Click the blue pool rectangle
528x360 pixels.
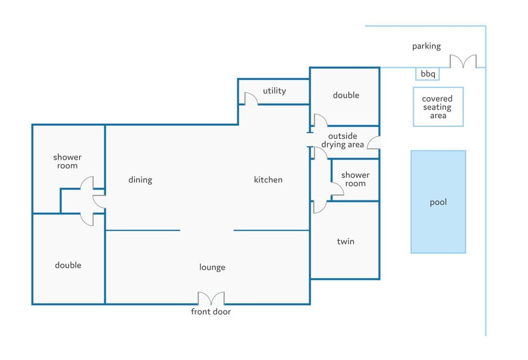438,201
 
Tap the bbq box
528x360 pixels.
427,74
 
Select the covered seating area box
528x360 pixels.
438,107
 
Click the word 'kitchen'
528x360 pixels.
268,179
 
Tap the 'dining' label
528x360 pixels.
140,180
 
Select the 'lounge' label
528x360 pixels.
212,268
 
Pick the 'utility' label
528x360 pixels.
274,91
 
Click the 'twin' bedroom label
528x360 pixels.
345,241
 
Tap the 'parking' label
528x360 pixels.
426,46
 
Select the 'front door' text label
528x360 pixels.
211,312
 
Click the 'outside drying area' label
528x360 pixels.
343,140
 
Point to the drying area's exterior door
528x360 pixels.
373,143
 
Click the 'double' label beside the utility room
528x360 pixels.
346,95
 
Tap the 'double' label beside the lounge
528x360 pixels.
68,265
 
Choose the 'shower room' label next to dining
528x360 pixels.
67,161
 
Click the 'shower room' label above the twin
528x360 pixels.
355,179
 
